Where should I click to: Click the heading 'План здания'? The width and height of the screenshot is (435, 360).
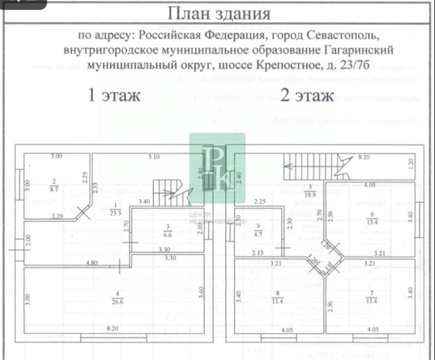pos(219,14)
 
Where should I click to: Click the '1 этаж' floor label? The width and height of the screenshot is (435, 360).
pos(114,95)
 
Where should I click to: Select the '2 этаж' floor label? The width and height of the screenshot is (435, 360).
pos(307,95)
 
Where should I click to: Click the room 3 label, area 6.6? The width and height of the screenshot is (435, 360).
pos(168,231)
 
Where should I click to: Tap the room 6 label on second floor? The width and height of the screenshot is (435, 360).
pos(372,219)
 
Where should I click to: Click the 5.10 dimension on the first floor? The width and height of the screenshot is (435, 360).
pos(154,157)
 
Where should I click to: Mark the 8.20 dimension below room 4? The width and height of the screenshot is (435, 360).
pos(112,328)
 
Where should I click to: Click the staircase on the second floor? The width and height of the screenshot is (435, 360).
pos(313,166)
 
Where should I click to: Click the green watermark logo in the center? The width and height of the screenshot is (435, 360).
pos(217,168)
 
